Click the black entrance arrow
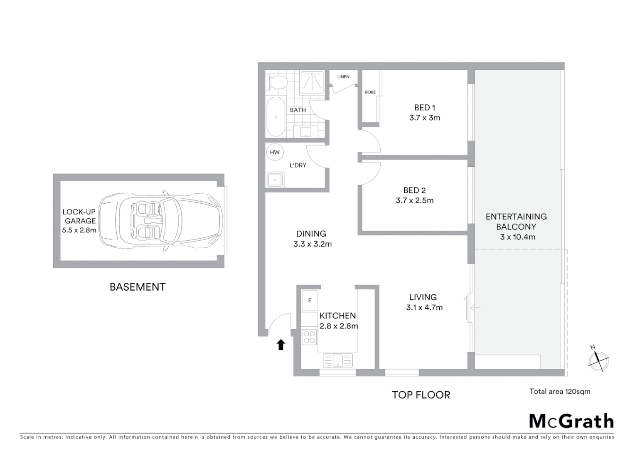(281, 345)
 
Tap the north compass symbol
(598, 360)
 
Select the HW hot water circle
(275, 152)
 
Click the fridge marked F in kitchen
(310, 301)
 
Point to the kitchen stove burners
(309, 337)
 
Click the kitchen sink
(337, 360)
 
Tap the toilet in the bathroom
(277, 82)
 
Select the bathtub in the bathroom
(276, 117)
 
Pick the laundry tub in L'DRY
(275, 180)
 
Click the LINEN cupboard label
(343, 77)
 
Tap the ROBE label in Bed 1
(370, 92)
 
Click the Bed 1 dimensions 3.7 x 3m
(424, 118)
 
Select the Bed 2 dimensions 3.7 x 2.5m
(414, 200)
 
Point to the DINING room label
(311, 234)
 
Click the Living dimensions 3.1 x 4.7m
(424, 308)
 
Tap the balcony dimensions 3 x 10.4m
(517, 237)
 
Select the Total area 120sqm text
(559, 391)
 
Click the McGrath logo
(571, 421)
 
